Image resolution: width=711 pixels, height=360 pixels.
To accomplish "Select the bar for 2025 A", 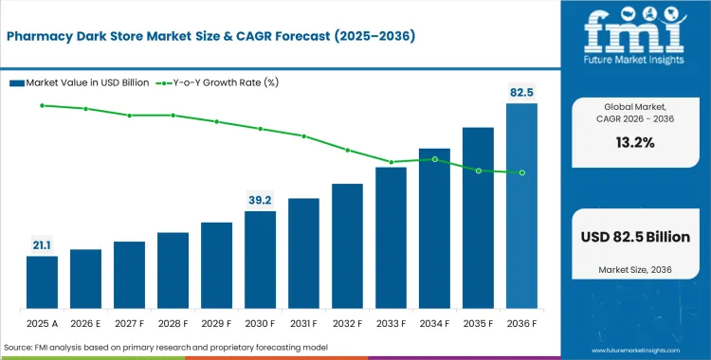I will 42,282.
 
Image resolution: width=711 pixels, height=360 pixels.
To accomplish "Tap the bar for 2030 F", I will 260,260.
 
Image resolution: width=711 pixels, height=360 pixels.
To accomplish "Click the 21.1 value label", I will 42,245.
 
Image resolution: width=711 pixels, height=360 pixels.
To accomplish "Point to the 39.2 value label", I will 260,200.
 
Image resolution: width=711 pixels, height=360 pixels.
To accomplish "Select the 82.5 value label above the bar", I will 521,92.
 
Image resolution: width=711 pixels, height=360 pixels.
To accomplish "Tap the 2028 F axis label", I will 173,322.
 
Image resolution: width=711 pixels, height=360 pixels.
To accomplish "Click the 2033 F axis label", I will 391,322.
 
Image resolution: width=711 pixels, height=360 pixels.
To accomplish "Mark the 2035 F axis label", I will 478,322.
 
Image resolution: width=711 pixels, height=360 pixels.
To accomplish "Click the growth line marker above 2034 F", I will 434,159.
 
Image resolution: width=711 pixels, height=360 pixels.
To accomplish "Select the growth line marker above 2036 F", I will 521,172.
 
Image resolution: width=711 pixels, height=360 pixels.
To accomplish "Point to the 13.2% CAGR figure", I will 634,143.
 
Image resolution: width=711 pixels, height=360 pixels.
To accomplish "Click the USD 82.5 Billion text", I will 634,237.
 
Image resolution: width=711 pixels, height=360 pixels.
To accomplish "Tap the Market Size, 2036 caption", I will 634,270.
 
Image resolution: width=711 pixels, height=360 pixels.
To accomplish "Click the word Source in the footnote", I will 22,348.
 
